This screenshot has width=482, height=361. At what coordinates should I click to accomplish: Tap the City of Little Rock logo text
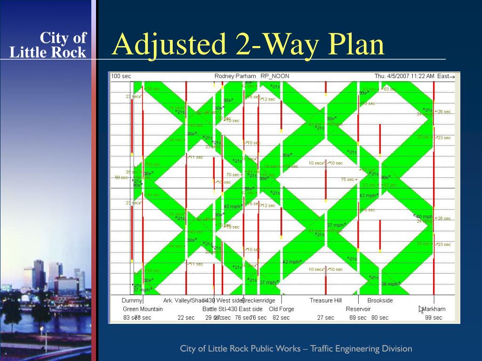point(48,45)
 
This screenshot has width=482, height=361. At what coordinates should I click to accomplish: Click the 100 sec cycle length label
point(121,76)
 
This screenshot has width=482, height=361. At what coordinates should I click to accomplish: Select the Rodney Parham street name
point(235,76)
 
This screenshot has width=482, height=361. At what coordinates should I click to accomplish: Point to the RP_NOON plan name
point(275,76)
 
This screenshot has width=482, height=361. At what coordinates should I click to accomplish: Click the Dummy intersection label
point(132,300)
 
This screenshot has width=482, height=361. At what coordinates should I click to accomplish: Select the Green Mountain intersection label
point(143,309)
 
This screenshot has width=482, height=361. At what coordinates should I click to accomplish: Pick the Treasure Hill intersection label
point(325,300)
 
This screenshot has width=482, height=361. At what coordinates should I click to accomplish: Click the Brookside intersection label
point(380,300)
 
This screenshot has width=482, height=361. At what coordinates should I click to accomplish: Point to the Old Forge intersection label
point(281,309)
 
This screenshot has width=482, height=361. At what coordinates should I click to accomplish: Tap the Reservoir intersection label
point(358,309)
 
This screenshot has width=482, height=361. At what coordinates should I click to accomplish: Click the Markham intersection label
point(434,309)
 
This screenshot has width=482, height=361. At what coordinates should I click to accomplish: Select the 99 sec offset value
point(434,318)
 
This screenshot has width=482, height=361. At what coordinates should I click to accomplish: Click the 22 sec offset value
point(186,318)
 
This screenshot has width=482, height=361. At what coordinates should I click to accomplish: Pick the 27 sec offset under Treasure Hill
point(325,318)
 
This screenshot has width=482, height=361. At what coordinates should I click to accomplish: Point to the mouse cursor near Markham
point(421,309)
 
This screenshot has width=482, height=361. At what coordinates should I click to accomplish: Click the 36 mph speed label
point(390,284)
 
